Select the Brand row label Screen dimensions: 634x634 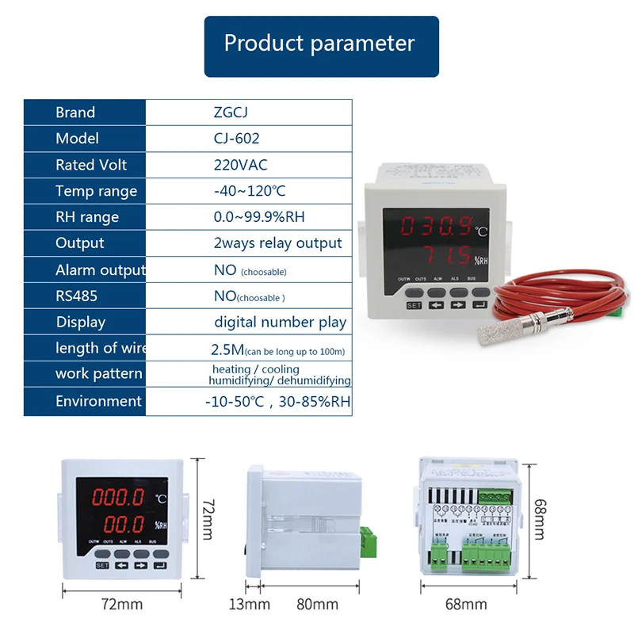tap(75, 113)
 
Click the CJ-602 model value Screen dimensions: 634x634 tap(236, 139)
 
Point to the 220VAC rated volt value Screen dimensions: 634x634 tap(241, 165)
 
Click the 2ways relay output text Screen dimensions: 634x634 tap(278, 243)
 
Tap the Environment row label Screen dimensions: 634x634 tap(98, 401)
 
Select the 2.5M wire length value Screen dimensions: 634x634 tap(231, 348)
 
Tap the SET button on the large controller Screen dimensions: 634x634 tap(414, 304)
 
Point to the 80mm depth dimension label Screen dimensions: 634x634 tap(315, 605)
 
